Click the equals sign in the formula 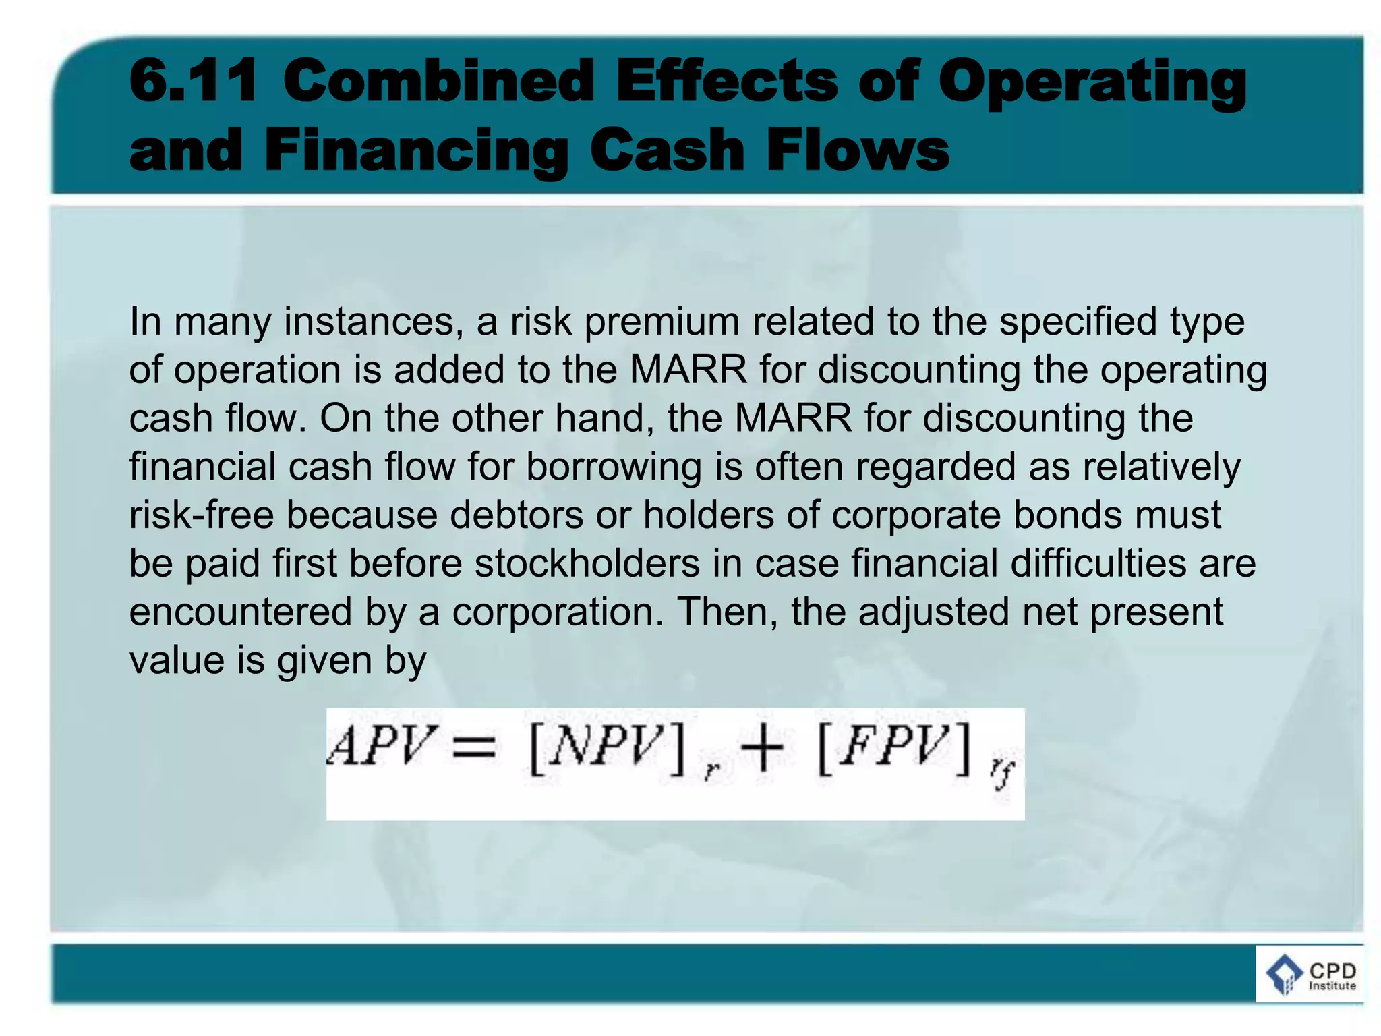click(x=474, y=748)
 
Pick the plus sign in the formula click(x=762, y=747)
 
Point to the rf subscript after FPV click(x=1002, y=772)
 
